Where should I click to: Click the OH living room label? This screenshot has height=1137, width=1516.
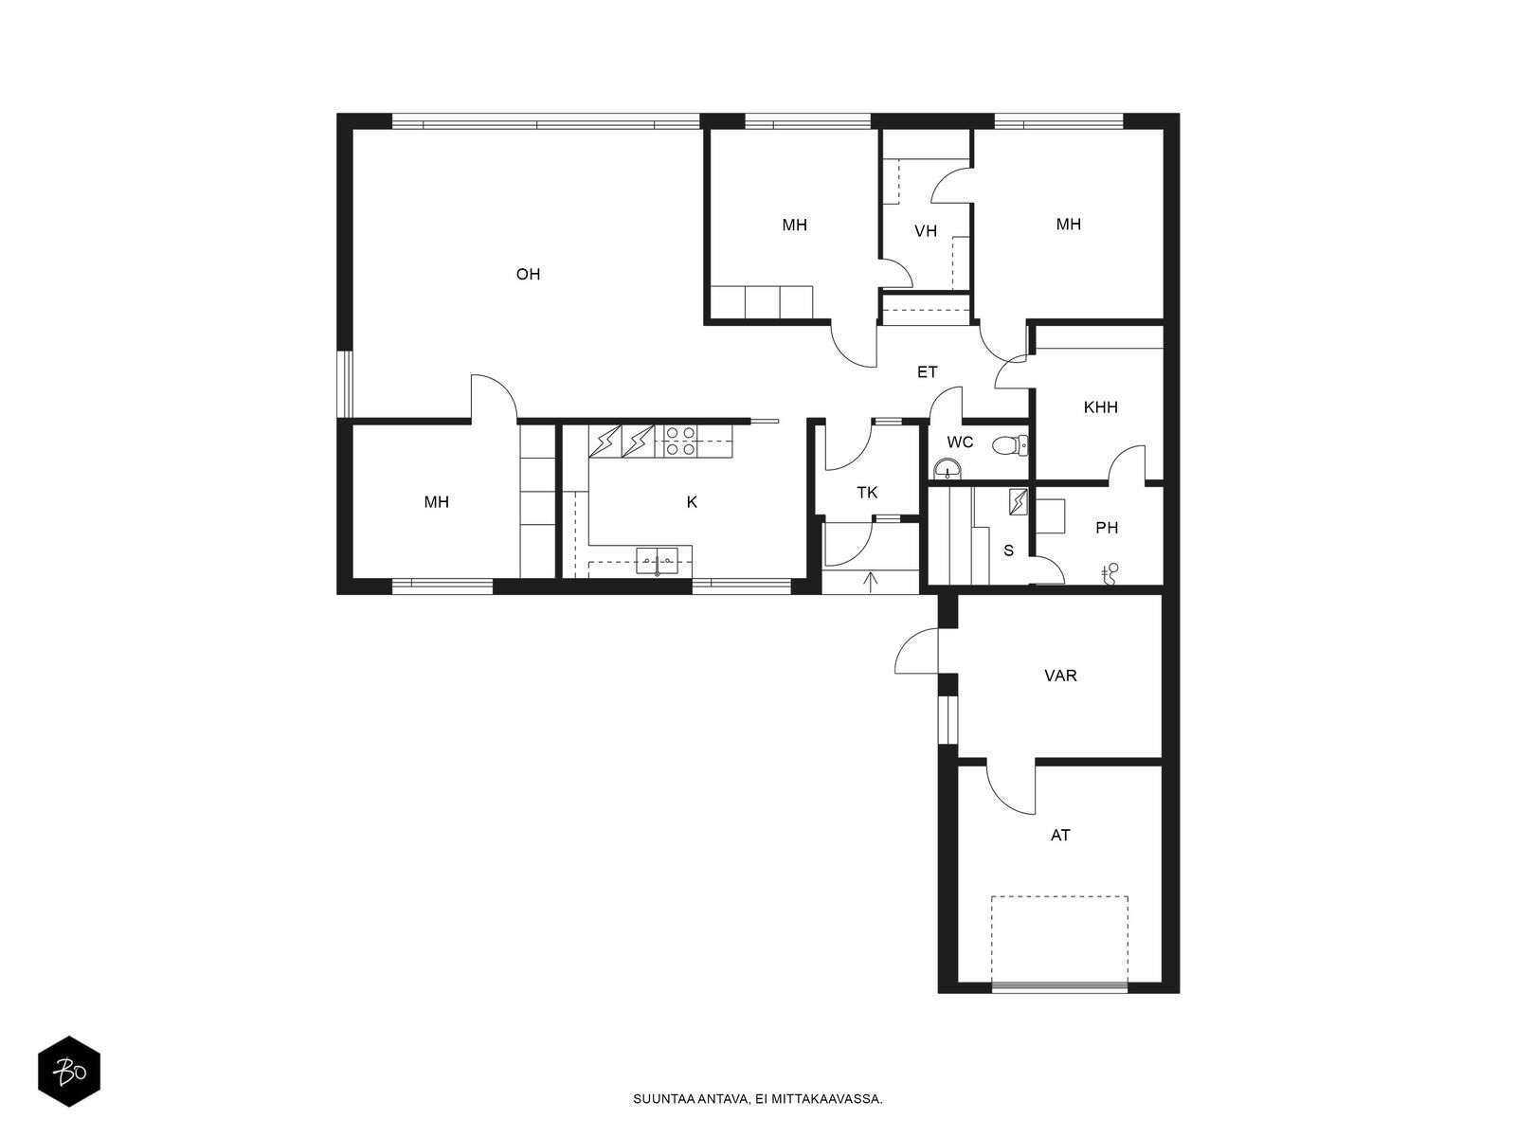pyautogui.click(x=528, y=274)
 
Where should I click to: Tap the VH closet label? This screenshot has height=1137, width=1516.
pyautogui.click(x=926, y=231)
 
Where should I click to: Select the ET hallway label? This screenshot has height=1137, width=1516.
pyautogui.click(x=927, y=372)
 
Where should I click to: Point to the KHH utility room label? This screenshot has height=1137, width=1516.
pyautogui.click(x=1100, y=407)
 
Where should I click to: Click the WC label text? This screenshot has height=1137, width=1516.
pyautogui.click(x=960, y=442)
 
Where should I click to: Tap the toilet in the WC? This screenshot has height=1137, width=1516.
pyautogui.click(x=1010, y=446)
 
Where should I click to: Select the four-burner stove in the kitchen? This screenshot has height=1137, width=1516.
pyautogui.click(x=679, y=442)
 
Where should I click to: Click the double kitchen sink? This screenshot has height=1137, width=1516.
pyautogui.click(x=657, y=560)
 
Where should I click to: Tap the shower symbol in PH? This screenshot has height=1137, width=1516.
pyautogui.click(x=1110, y=573)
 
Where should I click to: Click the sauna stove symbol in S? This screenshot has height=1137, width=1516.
pyautogui.click(x=1018, y=502)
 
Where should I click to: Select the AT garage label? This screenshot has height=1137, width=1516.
pyautogui.click(x=1060, y=836)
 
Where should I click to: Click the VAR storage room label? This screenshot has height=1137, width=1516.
pyautogui.click(x=1060, y=676)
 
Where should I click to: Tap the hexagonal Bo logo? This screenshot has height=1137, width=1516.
pyautogui.click(x=69, y=1072)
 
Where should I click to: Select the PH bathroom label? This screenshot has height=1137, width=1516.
pyautogui.click(x=1107, y=528)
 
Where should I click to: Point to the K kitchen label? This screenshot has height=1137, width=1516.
pyautogui.click(x=692, y=502)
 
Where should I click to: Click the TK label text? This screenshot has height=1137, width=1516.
pyautogui.click(x=867, y=493)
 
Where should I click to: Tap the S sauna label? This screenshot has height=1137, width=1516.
pyautogui.click(x=1008, y=550)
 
